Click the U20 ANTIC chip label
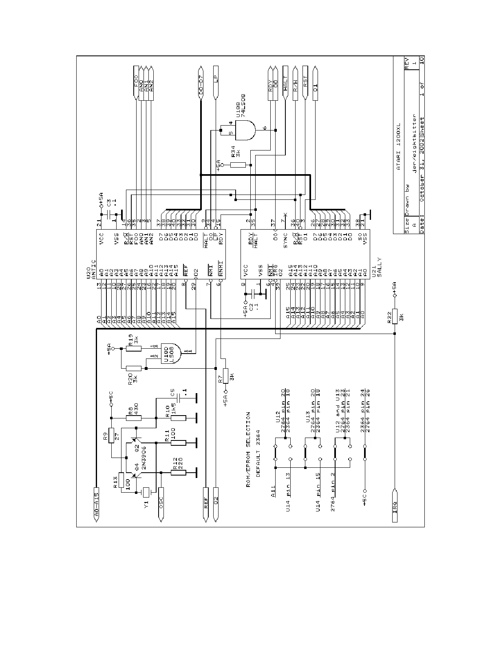coord(91,269)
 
